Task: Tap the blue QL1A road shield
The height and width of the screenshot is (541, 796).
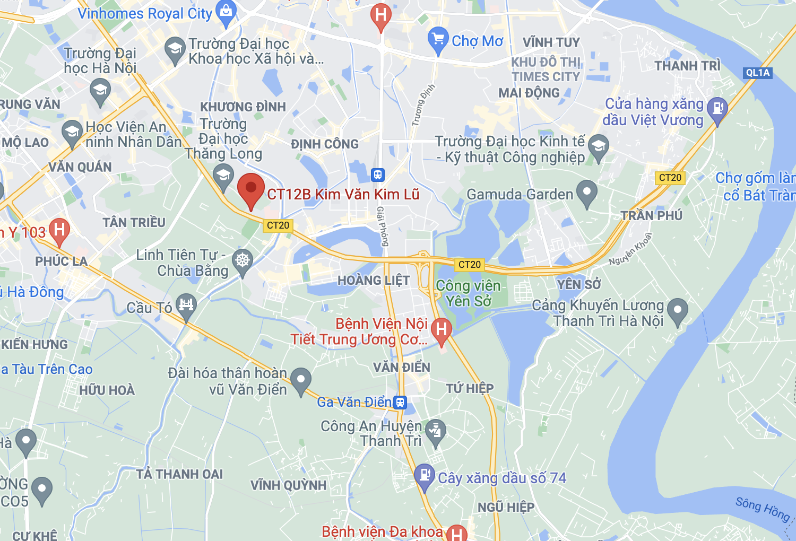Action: coord(757,73)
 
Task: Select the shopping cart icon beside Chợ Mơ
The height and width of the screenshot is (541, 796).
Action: coord(438,39)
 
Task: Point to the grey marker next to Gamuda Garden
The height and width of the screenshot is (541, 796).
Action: coord(586,193)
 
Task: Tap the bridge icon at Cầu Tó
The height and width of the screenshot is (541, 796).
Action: coord(186,306)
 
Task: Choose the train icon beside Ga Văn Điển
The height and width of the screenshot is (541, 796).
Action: coord(400,402)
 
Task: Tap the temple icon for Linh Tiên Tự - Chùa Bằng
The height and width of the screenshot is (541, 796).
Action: coord(243,261)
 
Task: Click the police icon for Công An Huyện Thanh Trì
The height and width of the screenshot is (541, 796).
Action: coord(436,431)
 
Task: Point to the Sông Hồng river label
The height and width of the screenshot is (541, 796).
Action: coord(763,509)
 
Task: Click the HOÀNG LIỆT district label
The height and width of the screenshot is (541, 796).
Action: coord(374,280)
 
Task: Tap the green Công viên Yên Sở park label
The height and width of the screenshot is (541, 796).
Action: coord(468,293)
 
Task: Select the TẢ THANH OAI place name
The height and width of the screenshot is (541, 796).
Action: coord(179,474)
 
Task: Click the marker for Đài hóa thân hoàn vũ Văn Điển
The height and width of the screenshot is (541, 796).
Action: coord(301,380)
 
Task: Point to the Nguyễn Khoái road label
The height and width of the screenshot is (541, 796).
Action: coord(630,249)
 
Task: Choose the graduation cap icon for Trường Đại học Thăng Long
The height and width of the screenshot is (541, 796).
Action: coord(223,175)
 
